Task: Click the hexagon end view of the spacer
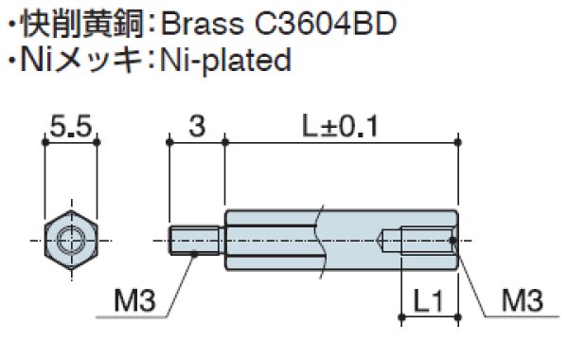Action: [72, 238]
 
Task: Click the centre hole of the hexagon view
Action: [72, 238]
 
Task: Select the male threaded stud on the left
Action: [197, 239]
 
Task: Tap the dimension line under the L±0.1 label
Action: [341, 142]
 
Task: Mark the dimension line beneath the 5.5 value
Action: [72, 142]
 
